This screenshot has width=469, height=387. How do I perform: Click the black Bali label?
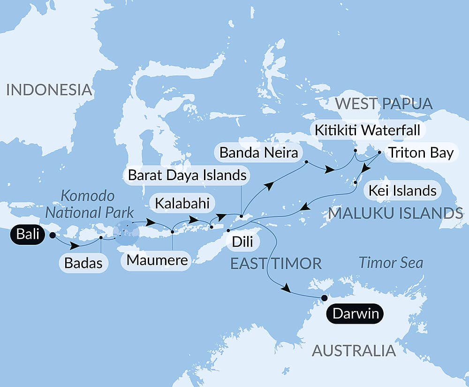click(x=29, y=234)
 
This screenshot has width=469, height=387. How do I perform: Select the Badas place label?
click(x=84, y=263)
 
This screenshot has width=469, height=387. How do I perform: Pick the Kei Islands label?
click(x=402, y=190)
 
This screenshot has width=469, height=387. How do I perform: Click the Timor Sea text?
click(x=391, y=263)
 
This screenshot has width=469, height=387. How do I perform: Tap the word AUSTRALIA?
click(x=354, y=350)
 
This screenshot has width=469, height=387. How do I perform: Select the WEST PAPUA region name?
click(x=384, y=104)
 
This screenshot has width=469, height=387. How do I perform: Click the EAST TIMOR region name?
click(x=276, y=263)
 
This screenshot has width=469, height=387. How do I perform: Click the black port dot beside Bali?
click(x=52, y=235)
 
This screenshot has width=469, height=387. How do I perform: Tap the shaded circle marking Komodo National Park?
click(x=126, y=231)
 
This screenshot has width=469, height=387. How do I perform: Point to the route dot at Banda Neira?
click(x=306, y=162)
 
